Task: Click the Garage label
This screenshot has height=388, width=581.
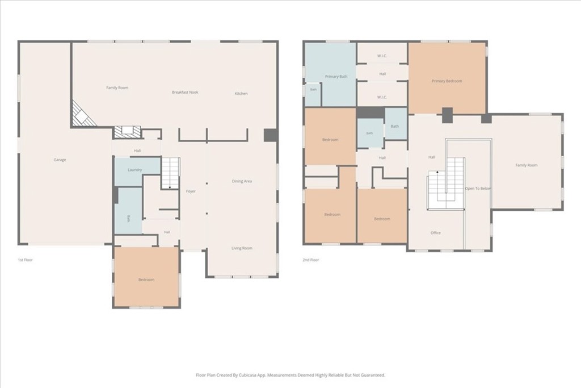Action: (60, 160)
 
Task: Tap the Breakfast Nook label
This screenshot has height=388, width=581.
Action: (185, 92)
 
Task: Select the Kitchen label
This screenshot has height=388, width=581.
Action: (241, 94)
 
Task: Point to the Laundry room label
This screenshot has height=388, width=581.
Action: (134, 170)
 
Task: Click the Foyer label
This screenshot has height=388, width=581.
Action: (191, 191)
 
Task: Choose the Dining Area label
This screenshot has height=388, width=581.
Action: (242, 181)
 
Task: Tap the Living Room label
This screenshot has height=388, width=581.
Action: (242, 248)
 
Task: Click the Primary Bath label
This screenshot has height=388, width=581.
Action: (336, 77)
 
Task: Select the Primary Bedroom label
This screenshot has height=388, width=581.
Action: (447, 81)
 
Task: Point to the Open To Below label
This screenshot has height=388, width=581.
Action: (478, 189)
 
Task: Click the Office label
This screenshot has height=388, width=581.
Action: (436, 233)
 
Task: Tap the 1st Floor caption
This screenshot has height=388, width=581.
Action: (25, 260)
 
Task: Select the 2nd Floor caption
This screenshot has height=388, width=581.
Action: (310, 260)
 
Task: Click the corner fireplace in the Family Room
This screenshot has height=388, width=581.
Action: (83, 114)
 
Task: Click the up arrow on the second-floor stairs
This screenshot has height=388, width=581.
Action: (437, 173)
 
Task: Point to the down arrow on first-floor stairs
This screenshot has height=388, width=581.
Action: (170, 187)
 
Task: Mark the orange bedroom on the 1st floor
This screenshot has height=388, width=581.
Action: (146, 277)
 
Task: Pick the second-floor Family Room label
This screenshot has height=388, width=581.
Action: (526, 165)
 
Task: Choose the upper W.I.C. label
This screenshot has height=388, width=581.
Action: (382, 56)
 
